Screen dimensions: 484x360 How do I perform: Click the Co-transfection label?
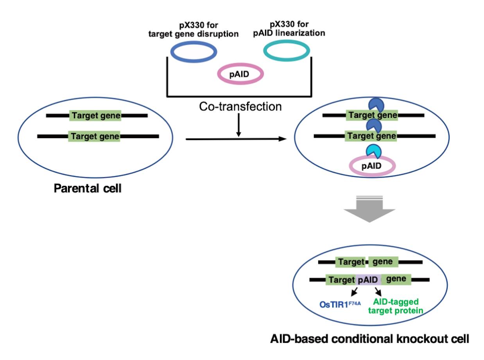coord(240,106)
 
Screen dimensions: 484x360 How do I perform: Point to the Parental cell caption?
coord(88,188)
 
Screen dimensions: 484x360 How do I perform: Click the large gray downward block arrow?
coord(369,209)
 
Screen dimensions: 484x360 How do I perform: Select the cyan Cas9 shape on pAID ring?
coord(373,151)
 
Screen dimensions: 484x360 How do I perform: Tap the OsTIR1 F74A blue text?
coord(340,304)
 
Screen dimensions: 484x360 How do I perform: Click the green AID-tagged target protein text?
coord(396,306)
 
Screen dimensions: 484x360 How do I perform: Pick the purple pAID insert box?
coord(368,280)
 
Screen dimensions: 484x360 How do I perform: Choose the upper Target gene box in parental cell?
coord(95,115)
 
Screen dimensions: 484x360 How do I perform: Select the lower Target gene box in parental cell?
coord(94,136)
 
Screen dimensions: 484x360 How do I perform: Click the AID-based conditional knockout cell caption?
coord(369,339)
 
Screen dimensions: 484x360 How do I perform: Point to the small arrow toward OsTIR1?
coord(354,292)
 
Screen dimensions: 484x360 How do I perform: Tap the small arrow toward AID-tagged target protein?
coord(378,292)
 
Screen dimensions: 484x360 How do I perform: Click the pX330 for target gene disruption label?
coord(194,29)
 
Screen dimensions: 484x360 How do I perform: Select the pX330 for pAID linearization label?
coord(289,29)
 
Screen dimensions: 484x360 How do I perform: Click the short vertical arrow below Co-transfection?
coord(239,125)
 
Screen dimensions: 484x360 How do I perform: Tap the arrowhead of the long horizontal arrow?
coord(283,139)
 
